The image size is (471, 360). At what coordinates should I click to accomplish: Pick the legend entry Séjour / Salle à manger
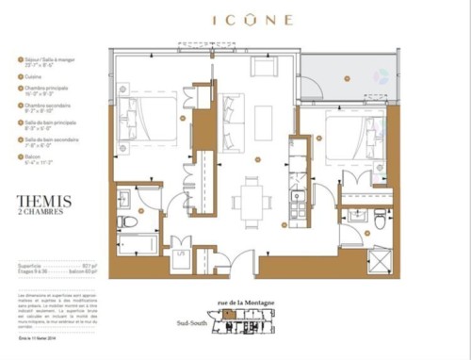pos(45,59)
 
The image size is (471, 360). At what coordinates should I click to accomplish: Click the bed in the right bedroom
pos(354,138)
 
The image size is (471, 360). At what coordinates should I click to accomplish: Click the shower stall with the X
pos(378,257)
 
